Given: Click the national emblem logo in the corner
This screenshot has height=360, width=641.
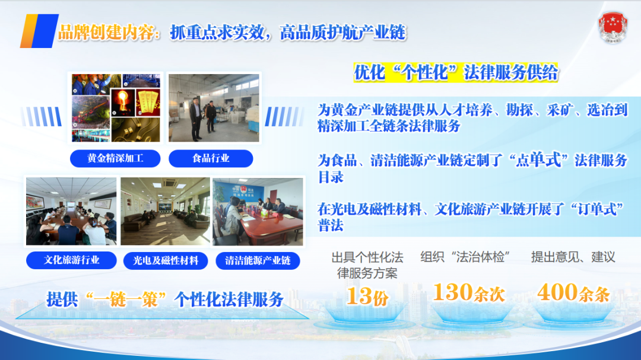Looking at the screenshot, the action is [x=613, y=27].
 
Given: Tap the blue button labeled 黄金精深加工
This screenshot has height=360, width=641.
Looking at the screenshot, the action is [x=115, y=158].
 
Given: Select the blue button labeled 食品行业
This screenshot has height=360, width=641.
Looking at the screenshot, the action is [x=211, y=158].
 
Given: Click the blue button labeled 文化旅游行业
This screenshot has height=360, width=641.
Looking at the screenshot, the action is [x=71, y=260].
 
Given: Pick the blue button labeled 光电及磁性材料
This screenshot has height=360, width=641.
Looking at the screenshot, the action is [x=165, y=261].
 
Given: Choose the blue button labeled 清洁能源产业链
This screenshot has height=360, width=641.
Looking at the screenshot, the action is [x=258, y=261].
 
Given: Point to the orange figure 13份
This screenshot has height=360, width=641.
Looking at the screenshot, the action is [x=367, y=297].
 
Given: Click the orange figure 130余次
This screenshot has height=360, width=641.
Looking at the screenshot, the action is [x=469, y=292].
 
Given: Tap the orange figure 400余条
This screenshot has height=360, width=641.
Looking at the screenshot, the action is [x=573, y=292].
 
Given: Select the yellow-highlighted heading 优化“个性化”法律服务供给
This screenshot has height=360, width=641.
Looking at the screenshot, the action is [x=455, y=73].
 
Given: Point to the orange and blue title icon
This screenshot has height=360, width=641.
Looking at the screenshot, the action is [x=39, y=31].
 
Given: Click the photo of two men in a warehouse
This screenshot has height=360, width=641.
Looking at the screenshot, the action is [x=214, y=108].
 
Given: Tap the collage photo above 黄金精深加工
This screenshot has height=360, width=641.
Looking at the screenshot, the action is [x=116, y=108].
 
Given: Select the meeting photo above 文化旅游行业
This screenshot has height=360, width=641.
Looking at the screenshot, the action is [x=71, y=211].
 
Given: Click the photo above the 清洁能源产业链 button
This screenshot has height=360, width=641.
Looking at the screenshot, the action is [x=258, y=212].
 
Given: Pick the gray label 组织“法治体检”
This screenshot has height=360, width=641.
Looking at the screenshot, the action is [x=465, y=257].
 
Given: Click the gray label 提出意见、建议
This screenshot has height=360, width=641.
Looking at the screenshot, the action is [x=573, y=257].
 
